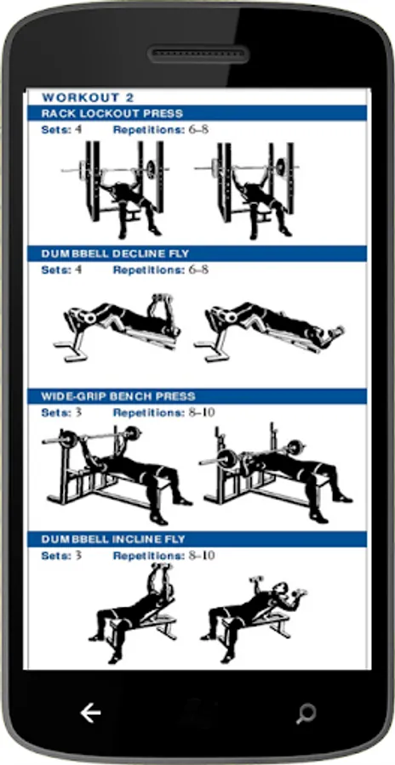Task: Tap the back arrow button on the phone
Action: tap(90, 713)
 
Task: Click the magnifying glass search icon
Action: tap(306, 714)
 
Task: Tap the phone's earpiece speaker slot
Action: tap(198, 54)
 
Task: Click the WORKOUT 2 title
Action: tap(88, 97)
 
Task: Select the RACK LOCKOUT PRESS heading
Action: tap(112, 113)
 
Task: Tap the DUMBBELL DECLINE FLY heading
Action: tap(116, 253)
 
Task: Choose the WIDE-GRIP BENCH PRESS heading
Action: tap(118, 396)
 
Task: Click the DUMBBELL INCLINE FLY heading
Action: tap(113, 539)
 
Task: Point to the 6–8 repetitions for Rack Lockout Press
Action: tap(198, 130)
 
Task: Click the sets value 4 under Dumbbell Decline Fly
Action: tap(78, 269)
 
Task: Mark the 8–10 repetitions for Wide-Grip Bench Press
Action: tap(202, 413)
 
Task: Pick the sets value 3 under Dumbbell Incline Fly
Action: tap(78, 556)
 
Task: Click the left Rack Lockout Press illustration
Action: tap(116, 190)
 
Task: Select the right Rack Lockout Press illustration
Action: tap(247, 190)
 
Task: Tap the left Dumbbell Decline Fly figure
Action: tap(117, 327)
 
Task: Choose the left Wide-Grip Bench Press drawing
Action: tap(117, 474)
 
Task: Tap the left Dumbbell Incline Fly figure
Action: tap(133, 613)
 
